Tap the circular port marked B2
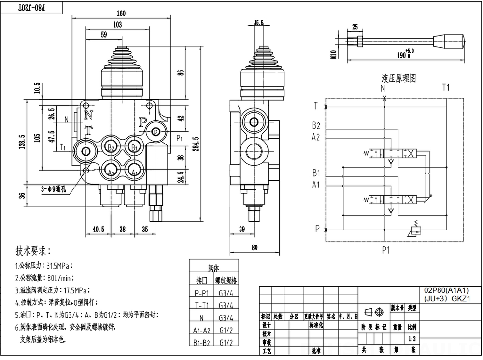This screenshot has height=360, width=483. pyautogui.click(x=112, y=146)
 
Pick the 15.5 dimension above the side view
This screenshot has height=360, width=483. pyautogui.click(x=259, y=23)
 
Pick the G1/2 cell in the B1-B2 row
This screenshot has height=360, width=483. pyautogui.click(x=227, y=343)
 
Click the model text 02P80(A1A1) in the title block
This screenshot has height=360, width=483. pyautogui.click(x=446, y=290)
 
